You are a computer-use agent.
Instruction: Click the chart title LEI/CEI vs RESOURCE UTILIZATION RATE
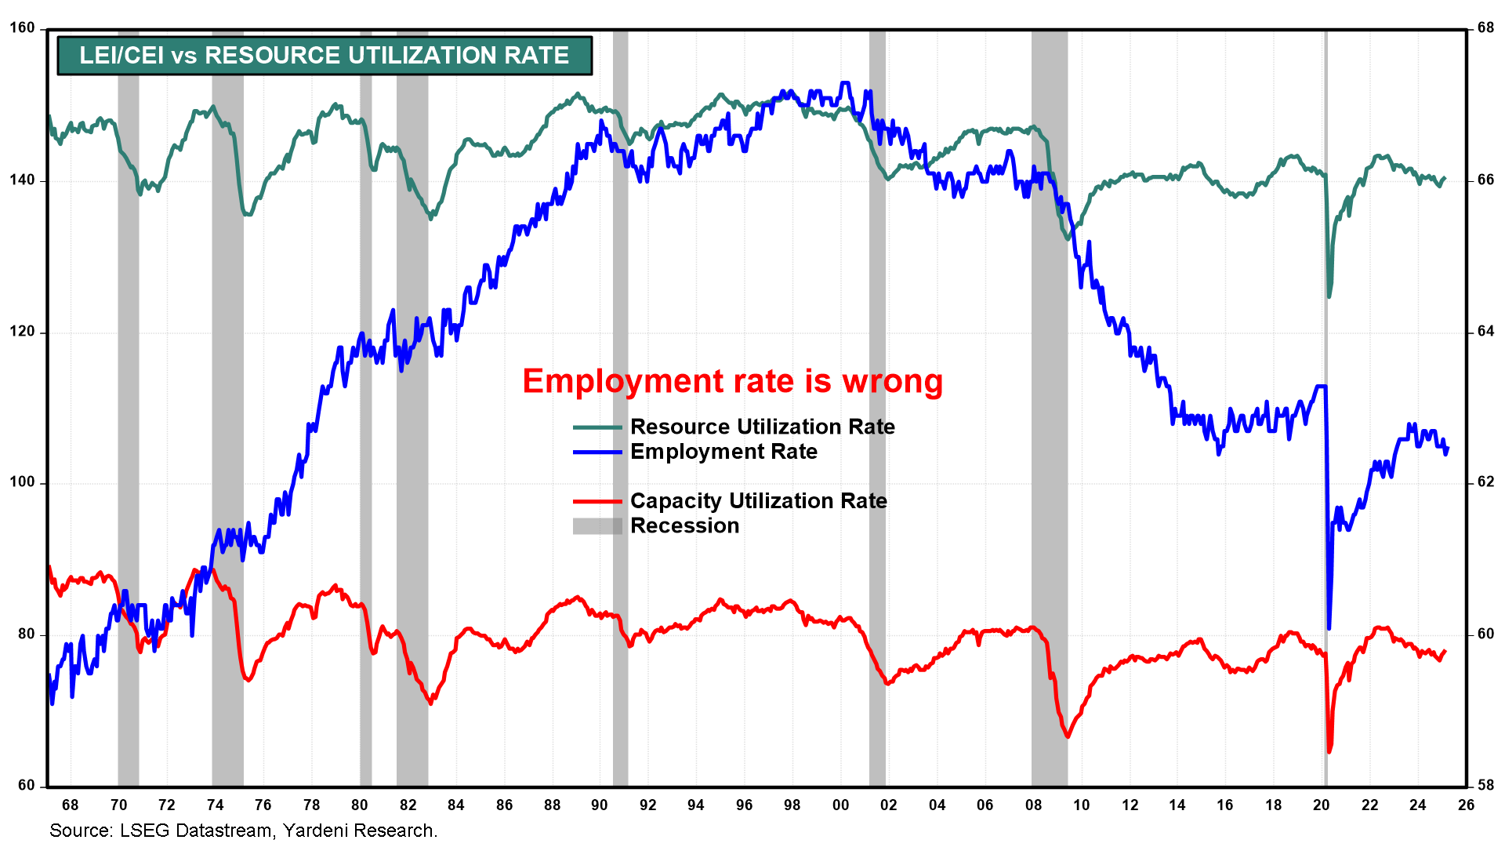pyautogui.click(x=324, y=56)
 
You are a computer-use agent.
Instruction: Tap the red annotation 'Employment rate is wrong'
pyautogui.click(x=732, y=381)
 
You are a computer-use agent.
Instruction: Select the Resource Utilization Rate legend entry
pyautogui.click(x=762, y=427)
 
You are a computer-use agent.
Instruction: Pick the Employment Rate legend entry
pyautogui.click(x=723, y=452)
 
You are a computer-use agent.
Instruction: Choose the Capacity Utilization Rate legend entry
pyautogui.click(x=758, y=500)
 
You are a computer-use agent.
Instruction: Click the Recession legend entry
pyautogui.click(x=684, y=525)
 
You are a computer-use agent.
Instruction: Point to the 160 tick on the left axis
pyautogui.click(x=22, y=28)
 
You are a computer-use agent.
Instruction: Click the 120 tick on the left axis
pyautogui.click(x=22, y=331)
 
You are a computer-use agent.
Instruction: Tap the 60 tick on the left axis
pyautogui.click(x=26, y=785)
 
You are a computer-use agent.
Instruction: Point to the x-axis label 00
pyautogui.click(x=840, y=805)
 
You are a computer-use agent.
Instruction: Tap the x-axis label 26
pyautogui.click(x=1466, y=805)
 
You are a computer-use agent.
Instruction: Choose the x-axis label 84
pyautogui.click(x=455, y=805)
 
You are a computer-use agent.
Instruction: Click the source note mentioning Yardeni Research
pyautogui.click(x=243, y=831)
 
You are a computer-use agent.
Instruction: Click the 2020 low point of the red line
pyautogui.click(x=1329, y=751)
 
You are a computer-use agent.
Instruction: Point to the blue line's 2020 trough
pyautogui.click(x=1329, y=627)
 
